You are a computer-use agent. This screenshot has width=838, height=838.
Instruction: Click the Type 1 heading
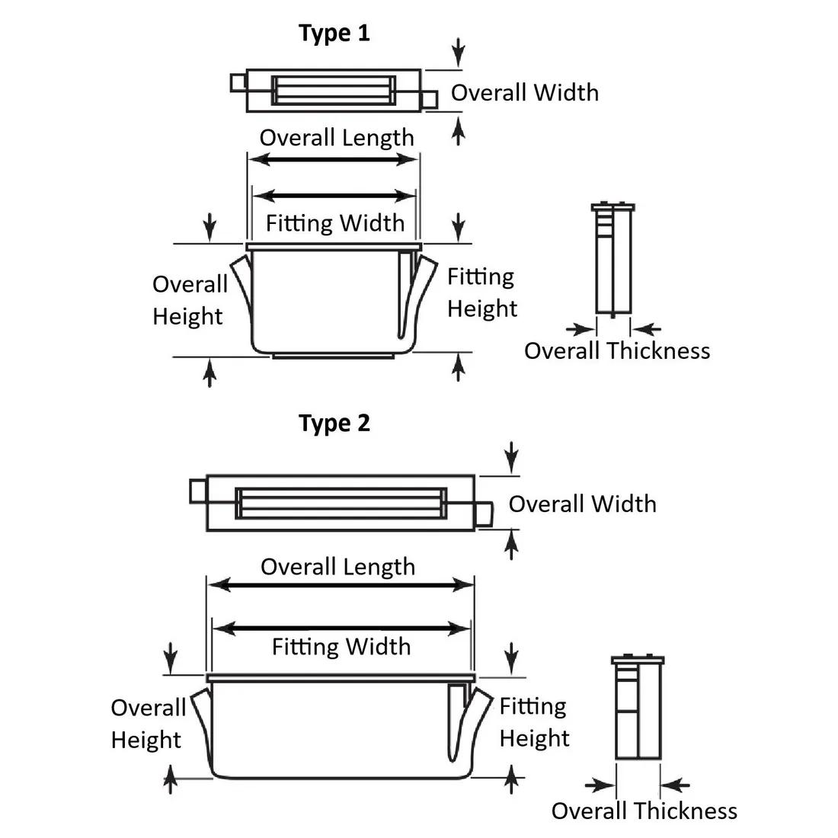[x=334, y=34]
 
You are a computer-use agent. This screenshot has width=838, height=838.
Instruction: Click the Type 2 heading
[x=334, y=423]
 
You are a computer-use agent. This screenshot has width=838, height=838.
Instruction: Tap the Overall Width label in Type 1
[x=524, y=92]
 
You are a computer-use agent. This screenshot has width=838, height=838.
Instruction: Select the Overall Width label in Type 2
[x=582, y=504]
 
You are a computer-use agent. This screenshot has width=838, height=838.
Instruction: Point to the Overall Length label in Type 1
[x=337, y=138]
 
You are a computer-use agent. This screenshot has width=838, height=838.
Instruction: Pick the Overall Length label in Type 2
[x=337, y=567]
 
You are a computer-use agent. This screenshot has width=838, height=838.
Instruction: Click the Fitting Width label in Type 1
[x=335, y=223]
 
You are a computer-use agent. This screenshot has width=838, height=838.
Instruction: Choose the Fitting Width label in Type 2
[x=341, y=647]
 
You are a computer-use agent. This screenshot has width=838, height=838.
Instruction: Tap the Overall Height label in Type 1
[x=189, y=300]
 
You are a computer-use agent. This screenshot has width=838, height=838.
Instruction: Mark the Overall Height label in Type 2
[x=147, y=724]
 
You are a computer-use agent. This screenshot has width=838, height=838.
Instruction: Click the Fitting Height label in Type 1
[x=481, y=293]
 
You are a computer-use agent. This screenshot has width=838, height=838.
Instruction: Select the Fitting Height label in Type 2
[x=534, y=722]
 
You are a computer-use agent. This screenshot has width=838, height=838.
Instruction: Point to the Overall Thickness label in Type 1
[x=617, y=351]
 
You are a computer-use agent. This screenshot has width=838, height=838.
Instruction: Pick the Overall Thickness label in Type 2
[x=644, y=811]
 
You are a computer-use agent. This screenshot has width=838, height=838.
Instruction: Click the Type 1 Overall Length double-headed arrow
[x=334, y=160]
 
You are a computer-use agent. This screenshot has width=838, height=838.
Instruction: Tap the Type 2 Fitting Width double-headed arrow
[x=341, y=628]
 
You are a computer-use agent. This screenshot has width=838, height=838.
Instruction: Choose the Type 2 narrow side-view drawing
[x=638, y=708]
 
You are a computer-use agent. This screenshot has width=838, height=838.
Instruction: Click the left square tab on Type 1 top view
[x=238, y=82]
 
